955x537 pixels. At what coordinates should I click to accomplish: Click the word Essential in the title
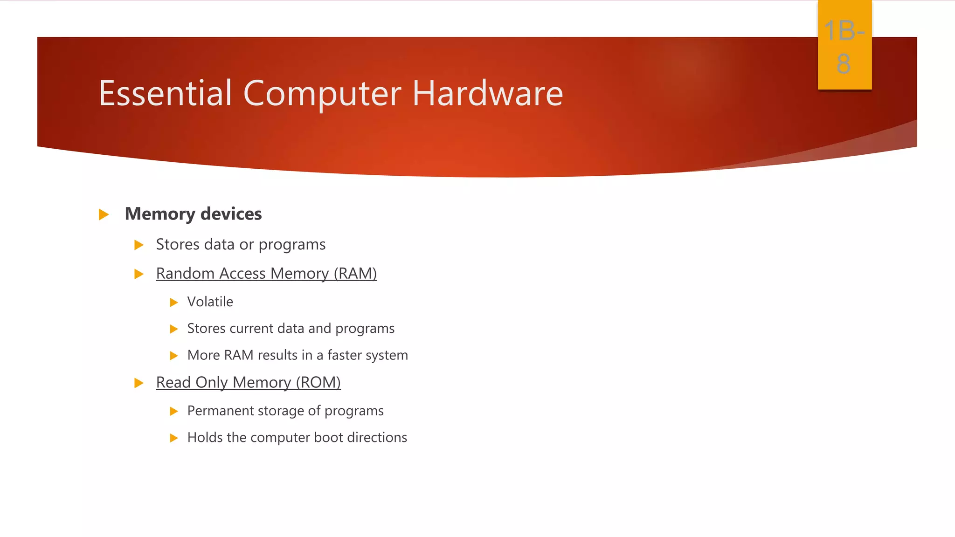tap(166, 93)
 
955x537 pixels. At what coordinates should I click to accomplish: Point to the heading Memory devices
tap(193, 214)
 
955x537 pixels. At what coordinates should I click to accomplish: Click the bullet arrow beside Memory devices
tap(104, 214)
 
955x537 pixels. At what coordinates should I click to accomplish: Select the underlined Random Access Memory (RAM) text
tap(266, 273)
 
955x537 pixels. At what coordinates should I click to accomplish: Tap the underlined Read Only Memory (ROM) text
tap(248, 382)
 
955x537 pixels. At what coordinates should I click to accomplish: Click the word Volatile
tap(210, 302)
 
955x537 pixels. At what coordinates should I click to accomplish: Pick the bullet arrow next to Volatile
tap(174, 303)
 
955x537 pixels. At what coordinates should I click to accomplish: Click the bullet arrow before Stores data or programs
tap(138, 245)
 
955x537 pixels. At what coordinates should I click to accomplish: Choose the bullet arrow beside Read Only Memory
tap(138, 383)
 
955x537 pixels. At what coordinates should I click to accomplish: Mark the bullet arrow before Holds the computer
tap(174, 438)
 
